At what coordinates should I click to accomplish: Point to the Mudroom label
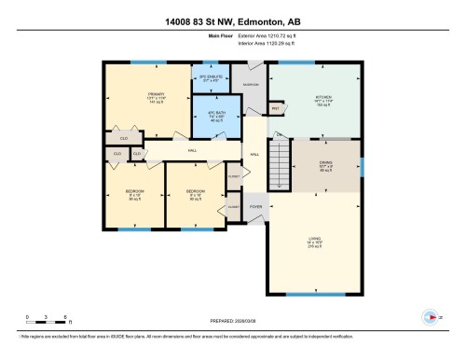(250, 85)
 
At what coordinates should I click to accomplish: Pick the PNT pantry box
(276, 109)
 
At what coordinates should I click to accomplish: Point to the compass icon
(429, 315)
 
